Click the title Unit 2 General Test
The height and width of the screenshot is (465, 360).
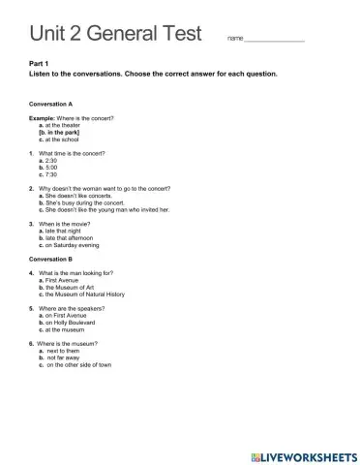click(115, 34)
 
